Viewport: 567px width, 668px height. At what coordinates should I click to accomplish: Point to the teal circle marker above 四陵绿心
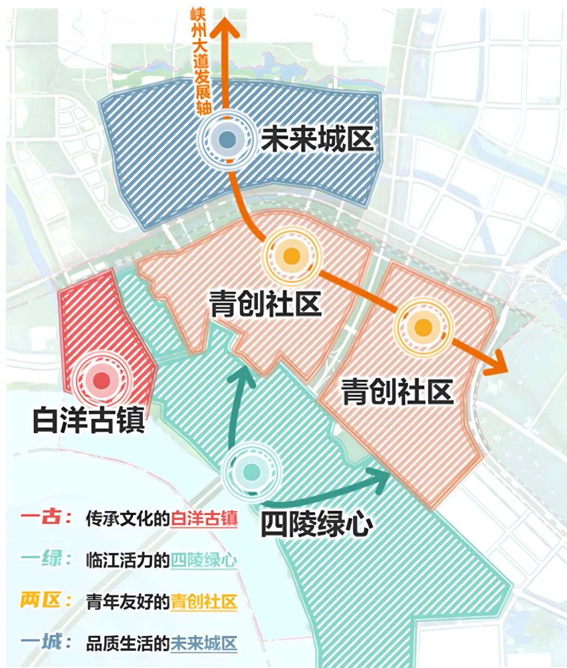251,471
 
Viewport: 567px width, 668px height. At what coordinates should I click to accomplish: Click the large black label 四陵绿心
317,523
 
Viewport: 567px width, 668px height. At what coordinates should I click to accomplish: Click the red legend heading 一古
46,518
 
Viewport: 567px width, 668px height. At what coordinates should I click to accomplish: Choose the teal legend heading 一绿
46,559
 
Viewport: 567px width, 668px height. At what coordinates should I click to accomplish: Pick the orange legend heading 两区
46,600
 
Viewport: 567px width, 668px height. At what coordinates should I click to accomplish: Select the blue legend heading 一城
46,642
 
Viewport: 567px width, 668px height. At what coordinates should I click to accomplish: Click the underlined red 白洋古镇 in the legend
204,519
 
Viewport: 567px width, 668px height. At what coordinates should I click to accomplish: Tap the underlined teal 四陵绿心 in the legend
204,560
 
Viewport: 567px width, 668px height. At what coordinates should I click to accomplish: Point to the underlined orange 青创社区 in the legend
204,602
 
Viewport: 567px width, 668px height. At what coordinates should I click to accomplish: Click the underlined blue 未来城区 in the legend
204,643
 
